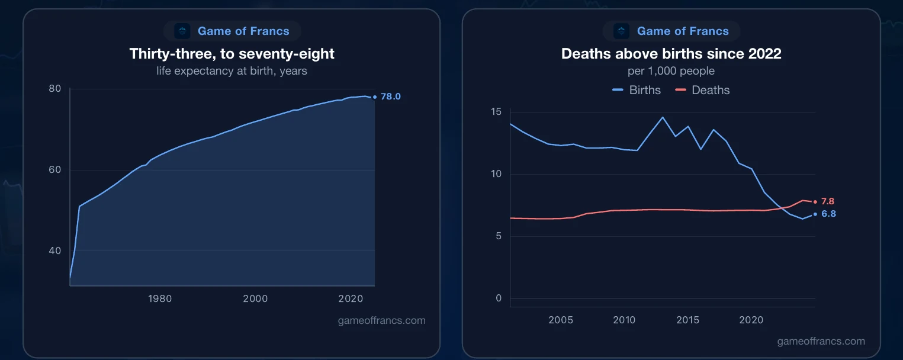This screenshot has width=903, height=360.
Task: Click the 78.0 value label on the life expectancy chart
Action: (391, 97)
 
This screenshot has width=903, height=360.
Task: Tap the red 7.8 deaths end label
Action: (828, 201)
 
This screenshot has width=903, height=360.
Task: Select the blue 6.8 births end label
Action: (828, 214)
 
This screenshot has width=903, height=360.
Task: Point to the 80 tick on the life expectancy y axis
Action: (55, 89)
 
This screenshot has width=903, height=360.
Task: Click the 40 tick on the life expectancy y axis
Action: (55, 250)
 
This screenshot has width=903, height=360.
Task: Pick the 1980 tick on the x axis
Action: (160, 299)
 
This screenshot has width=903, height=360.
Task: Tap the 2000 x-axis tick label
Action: (255, 299)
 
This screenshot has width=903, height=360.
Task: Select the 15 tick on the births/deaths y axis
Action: (496, 112)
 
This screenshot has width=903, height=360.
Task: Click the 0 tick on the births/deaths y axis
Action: (499, 298)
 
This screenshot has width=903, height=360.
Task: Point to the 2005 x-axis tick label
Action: (561, 320)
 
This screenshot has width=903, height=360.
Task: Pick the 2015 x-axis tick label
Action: (687, 320)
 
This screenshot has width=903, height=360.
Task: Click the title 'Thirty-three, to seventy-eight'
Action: (232, 54)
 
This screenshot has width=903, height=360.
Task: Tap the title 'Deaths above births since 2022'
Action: (671, 54)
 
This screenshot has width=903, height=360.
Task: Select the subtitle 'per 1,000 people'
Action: (671, 71)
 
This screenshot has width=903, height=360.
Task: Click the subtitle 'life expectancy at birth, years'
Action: (232, 71)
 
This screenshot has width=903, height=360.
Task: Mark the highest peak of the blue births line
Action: (663, 117)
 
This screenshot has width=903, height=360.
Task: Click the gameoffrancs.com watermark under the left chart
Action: (382, 320)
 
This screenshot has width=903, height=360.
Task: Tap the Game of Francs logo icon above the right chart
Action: (621, 31)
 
